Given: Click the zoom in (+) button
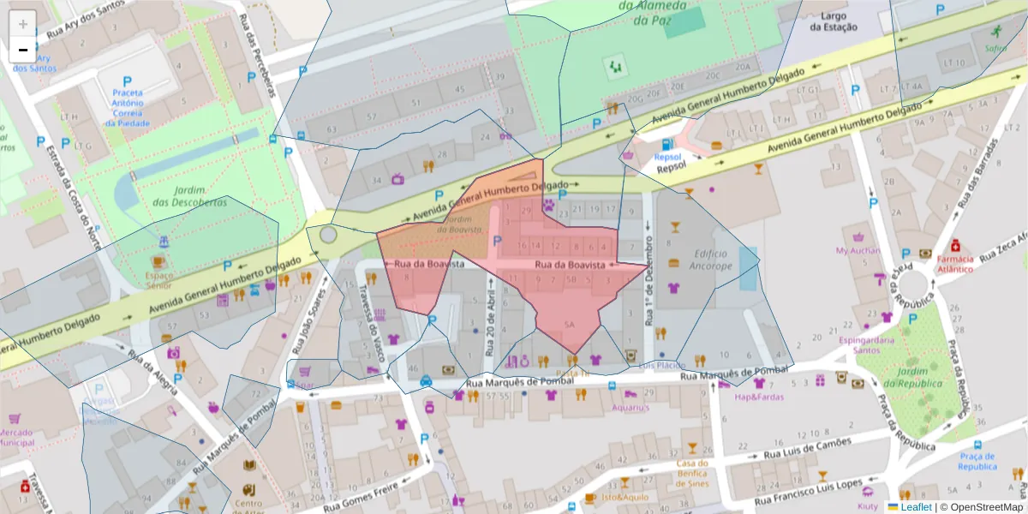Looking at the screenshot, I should click(23, 23).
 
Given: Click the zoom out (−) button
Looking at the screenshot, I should click(23, 50).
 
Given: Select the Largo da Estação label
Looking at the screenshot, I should click(834, 21).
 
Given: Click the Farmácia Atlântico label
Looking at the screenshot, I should click(954, 263).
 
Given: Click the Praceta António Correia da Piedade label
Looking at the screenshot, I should click(127, 107).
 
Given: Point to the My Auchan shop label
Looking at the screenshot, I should click(858, 251).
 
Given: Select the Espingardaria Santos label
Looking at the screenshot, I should click(872, 344).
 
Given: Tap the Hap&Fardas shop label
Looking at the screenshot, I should click(758, 397).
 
